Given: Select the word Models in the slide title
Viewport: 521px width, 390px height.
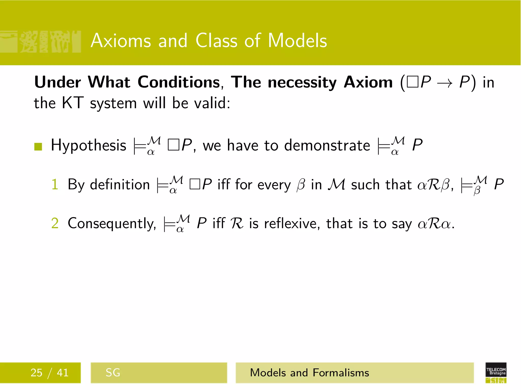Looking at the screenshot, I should pyautogui.click(x=297, y=41).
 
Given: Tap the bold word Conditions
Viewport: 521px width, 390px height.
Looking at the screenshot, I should pyautogui.click(x=179, y=82).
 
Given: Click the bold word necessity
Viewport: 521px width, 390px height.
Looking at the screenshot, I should pyautogui.click(x=302, y=83).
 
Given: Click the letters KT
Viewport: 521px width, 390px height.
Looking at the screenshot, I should pyautogui.click(x=73, y=103).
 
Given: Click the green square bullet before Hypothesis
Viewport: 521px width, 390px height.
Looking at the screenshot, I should pyautogui.click(x=38, y=147).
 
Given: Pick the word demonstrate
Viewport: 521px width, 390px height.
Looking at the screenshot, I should pyautogui.click(x=327, y=145).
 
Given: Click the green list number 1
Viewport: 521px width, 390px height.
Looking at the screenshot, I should pyautogui.click(x=55, y=184).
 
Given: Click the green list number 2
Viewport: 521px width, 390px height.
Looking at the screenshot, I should pyautogui.click(x=55, y=223).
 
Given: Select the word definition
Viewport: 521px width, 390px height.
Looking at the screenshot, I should pyautogui.click(x=120, y=184).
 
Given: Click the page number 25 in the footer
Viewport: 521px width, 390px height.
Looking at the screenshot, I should pyautogui.click(x=36, y=373).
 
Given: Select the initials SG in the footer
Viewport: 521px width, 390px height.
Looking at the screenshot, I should pyautogui.click(x=113, y=373).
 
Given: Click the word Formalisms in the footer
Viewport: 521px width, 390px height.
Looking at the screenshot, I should pyautogui.click(x=341, y=373).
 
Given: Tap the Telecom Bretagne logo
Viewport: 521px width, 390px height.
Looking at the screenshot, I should pyautogui.click(x=496, y=372).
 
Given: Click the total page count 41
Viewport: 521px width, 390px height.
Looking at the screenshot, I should pyautogui.click(x=63, y=373).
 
